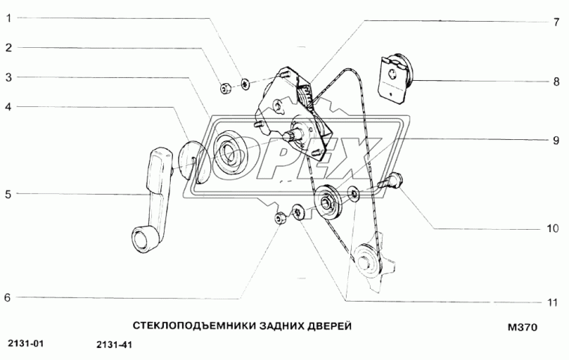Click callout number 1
point(8,19)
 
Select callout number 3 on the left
point(8,77)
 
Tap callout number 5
point(8,195)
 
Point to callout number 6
point(8,298)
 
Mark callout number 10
point(553,229)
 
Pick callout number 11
point(553,302)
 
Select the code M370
point(523,327)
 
